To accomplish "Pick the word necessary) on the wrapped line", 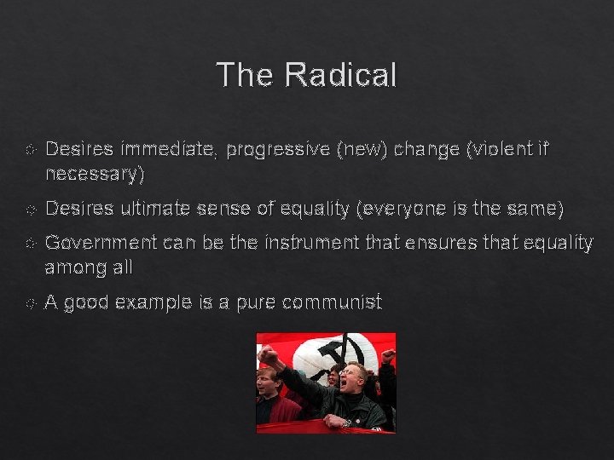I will [x=95, y=175].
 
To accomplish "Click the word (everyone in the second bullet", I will [x=389, y=209].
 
